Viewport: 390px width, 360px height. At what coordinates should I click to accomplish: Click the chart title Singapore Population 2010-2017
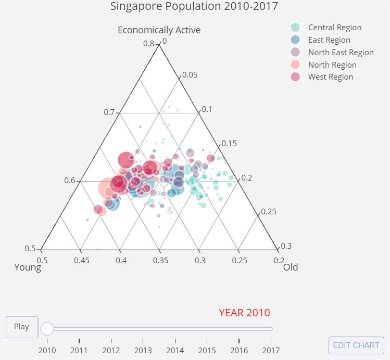point(194,6)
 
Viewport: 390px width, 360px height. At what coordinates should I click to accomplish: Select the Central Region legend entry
point(334,28)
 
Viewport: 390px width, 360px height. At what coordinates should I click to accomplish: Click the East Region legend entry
point(329,40)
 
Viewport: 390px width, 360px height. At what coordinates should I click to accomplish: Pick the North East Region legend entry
point(341,53)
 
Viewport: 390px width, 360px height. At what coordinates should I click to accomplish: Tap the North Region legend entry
point(332,65)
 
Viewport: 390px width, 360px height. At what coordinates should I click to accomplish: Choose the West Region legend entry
point(331,77)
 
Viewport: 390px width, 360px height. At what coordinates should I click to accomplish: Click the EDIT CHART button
point(356,345)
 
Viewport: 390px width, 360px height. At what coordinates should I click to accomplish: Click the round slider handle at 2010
point(47,328)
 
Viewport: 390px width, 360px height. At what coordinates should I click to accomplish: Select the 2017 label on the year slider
point(271,350)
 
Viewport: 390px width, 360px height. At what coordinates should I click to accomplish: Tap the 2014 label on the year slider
point(175,350)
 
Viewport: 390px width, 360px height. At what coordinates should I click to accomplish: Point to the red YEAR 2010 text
point(244,313)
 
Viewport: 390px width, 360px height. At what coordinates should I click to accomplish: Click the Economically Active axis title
point(159,30)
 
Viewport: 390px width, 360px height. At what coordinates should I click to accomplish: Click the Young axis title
point(28,267)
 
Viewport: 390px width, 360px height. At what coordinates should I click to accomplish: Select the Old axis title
point(290,267)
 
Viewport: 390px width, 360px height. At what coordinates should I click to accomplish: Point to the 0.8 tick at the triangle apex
point(149,44)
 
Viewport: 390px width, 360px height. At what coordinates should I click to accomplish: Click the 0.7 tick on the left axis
point(109,112)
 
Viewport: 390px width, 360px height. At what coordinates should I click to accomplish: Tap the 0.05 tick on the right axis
point(190,75)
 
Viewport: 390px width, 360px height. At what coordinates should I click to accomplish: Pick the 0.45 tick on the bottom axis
point(81,260)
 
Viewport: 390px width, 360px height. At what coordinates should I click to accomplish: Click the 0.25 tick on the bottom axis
point(239,260)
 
